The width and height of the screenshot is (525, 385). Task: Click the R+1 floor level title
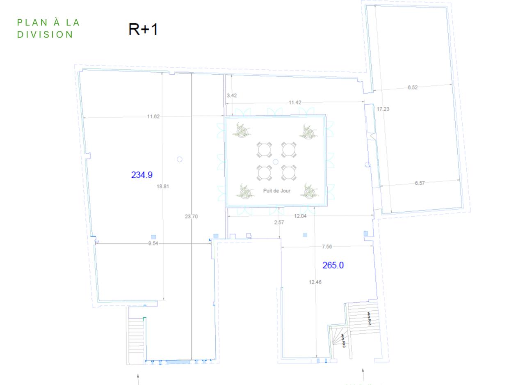click(x=143, y=29)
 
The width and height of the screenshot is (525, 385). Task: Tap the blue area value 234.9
click(x=142, y=175)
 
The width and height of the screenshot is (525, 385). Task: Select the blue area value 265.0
click(x=333, y=265)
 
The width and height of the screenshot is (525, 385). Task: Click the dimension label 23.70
click(x=191, y=216)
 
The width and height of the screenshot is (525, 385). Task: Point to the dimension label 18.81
click(x=163, y=186)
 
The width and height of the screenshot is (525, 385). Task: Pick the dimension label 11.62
click(x=153, y=117)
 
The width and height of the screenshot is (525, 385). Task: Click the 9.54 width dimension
click(x=153, y=243)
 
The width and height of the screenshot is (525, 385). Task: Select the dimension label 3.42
click(x=232, y=96)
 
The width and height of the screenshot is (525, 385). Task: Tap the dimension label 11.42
click(x=295, y=103)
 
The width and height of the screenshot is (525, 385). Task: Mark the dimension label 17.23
click(x=383, y=109)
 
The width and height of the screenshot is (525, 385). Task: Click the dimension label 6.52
click(x=413, y=87)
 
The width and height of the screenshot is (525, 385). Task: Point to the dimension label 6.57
click(x=420, y=183)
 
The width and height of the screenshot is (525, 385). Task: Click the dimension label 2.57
click(x=279, y=222)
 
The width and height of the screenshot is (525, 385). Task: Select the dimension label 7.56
click(x=327, y=247)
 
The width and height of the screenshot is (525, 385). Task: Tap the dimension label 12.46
click(x=315, y=282)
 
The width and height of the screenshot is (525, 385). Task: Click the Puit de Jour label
click(x=277, y=191)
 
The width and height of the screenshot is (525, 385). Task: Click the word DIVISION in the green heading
click(x=45, y=34)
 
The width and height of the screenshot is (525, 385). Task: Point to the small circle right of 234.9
click(x=179, y=159)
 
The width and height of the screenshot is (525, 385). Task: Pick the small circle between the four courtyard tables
click(x=276, y=162)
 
